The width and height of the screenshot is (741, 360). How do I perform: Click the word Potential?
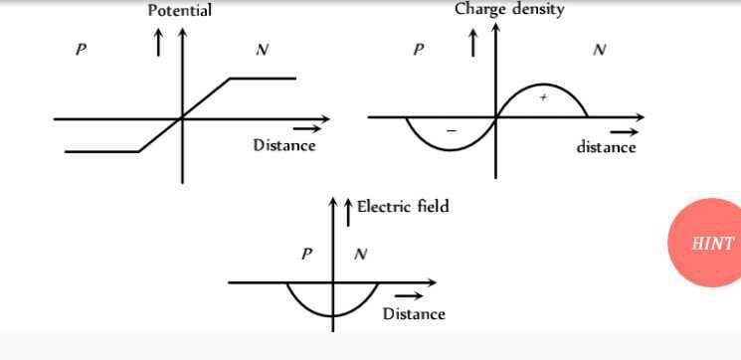point(179,11)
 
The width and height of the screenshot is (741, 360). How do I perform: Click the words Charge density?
point(509,9)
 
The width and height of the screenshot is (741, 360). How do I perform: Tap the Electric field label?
point(403,206)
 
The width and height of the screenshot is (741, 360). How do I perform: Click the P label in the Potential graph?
point(80,50)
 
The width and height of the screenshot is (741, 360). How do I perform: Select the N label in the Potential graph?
point(262,50)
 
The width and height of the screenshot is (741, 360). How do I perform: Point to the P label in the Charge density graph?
point(418,50)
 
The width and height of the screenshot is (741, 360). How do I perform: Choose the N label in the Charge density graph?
point(599,50)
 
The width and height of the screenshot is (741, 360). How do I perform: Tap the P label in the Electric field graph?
point(307,254)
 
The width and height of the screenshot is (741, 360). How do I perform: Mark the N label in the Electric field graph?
point(360,254)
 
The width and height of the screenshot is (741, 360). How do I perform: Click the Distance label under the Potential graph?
point(283,145)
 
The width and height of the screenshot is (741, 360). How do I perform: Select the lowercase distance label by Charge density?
point(606,147)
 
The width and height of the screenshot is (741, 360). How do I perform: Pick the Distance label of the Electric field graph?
point(414,313)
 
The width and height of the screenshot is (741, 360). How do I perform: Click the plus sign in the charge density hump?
point(543,97)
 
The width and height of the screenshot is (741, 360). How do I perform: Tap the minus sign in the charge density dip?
point(451,131)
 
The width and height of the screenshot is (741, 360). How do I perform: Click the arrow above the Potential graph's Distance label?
point(309,127)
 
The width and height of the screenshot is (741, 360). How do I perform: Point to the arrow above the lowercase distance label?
point(624,130)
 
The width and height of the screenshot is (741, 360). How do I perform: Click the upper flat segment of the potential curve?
point(263,78)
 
